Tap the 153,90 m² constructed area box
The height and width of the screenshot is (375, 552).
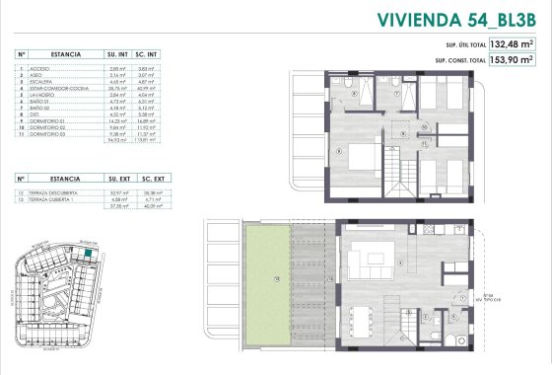pyautogui.click(x=512, y=60)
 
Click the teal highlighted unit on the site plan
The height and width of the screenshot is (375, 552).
pyautogui.click(x=87, y=253)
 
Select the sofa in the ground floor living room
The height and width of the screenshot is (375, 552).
pyautogui.click(x=374, y=259)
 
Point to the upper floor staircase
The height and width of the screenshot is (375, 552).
pyautogui.click(x=396, y=177)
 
